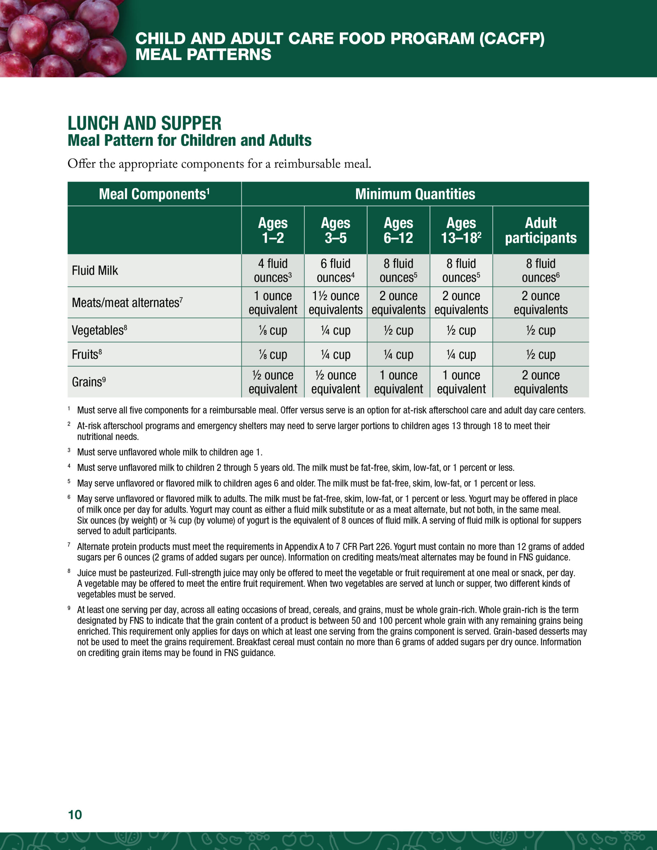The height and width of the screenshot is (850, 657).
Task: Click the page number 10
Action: pyautogui.click(x=75, y=814)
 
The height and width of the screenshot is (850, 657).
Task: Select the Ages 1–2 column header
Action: pyautogui.click(x=273, y=230)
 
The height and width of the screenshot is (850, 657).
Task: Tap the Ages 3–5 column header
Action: pyautogui.click(x=335, y=230)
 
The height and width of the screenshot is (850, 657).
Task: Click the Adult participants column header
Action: pyautogui.click(x=540, y=230)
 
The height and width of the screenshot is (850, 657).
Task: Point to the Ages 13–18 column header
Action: pyautogui.click(x=461, y=230)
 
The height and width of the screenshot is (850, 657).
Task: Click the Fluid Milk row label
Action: pyautogui.click(x=95, y=271)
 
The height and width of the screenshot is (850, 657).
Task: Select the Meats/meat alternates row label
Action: pyautogui.click(x=127, y=302)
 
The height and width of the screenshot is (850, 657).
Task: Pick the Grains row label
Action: pyautogui.click(x=88, y=382)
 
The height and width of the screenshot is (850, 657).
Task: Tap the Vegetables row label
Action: pyautogui.click(x=99, y=330)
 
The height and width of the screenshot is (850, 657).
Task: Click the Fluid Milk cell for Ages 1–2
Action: pyautogui.click(x=273, y=271)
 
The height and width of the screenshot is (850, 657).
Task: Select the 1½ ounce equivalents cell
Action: pyautogui.click(x=335, y=302)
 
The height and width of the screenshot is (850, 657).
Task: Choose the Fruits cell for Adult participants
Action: pyautogui.click(x=540, y=354)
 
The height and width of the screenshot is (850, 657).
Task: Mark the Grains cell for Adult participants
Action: pyautogui.click(x=540, y=382)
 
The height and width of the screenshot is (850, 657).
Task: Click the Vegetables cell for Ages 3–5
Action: pyautogui.click(x=335, y=330)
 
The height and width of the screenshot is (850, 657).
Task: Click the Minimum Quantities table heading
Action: pyautogui.click(x=415, y=194)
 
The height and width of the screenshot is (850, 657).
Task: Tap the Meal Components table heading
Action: pyautogui.click(x=154, y=194)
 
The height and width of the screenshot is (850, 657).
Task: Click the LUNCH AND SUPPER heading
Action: pyautogui.click(x=144, y=124)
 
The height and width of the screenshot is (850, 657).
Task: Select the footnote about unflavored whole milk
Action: pyautogui.click(x=169, y=452)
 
